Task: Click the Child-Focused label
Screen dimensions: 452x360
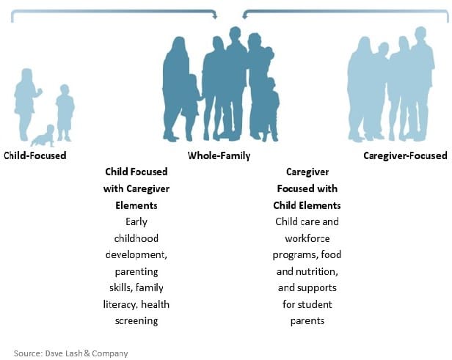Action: point(35,155)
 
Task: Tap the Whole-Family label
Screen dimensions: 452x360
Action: point(219,156)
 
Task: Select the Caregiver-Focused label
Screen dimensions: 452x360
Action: point(405,156)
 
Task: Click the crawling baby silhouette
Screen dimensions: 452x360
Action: point(43,136)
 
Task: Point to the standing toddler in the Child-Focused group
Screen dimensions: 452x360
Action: point(65,113)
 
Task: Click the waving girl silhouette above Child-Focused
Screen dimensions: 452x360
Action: point(26,104)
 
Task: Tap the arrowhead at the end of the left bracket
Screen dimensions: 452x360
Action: point(215,16)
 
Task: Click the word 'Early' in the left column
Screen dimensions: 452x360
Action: point(136,222)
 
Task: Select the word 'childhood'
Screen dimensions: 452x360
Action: point(136,238)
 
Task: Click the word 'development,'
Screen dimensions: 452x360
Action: point(136,255)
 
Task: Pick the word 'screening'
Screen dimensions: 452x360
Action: point(136,321)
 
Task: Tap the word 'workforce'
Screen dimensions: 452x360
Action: point(307,238)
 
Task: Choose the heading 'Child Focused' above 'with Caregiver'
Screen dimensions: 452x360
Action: point(136,172)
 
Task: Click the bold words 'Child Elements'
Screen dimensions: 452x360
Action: point(307,205)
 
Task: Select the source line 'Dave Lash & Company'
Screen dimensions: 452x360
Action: point(87,353)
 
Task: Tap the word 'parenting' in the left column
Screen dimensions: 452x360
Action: point(136,272)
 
